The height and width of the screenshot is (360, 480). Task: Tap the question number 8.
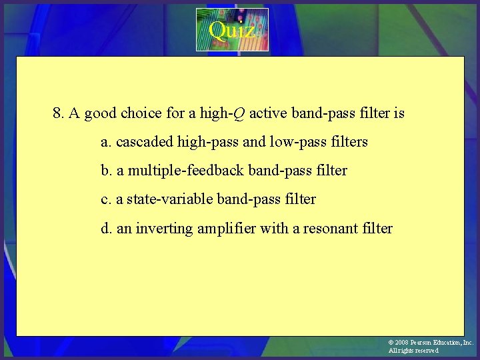tap(59, 113)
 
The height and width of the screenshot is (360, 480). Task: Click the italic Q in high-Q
tap(238, 113)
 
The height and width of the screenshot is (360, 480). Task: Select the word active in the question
tap(268, 113)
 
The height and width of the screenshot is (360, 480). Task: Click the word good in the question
tap(101, 113)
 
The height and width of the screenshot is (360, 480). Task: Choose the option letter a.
tap(105, 142)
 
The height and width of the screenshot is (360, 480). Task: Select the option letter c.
tap(105, 199)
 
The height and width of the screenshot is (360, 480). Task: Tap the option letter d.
tap(106, 229)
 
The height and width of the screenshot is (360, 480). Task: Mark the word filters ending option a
tap(348, 142)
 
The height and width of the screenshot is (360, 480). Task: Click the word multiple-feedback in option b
tap(185, 171)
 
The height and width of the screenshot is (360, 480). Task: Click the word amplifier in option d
tap(225, 229)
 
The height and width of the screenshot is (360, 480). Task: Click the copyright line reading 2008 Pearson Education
tap(430, 342)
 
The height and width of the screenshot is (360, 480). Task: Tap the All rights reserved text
tap(414, 351)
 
